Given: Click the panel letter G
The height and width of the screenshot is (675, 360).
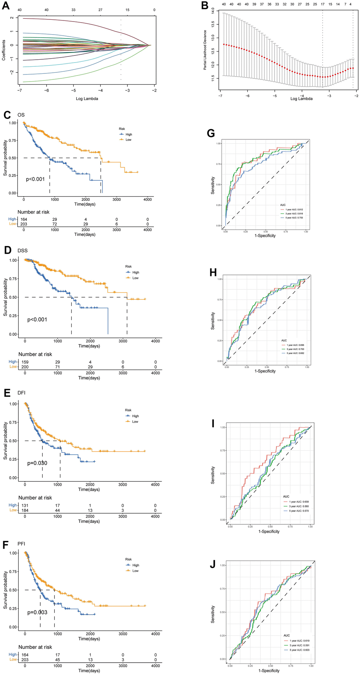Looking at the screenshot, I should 211,133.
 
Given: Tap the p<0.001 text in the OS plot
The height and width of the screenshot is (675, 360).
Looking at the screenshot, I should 35,179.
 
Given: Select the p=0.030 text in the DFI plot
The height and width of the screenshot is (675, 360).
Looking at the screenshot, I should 37,463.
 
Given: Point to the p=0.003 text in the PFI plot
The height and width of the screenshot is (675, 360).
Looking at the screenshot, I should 37,612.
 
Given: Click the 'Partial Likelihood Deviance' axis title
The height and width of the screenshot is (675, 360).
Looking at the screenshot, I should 205,50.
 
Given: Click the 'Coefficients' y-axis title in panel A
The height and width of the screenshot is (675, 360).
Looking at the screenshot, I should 4,50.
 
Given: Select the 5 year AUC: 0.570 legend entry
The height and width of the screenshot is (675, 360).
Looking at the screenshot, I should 298,511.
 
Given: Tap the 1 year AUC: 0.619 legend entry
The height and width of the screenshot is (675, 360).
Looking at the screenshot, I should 299,640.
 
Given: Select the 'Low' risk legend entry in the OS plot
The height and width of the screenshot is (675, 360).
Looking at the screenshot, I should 128,140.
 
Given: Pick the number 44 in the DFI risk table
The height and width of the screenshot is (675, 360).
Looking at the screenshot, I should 58,510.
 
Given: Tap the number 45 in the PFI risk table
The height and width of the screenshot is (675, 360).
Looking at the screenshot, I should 58,659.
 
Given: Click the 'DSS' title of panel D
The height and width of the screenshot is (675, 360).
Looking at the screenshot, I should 23,251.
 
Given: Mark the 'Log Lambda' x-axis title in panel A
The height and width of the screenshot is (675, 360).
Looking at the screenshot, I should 87,98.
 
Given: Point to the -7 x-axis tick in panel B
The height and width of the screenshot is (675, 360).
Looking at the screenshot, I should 220,96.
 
